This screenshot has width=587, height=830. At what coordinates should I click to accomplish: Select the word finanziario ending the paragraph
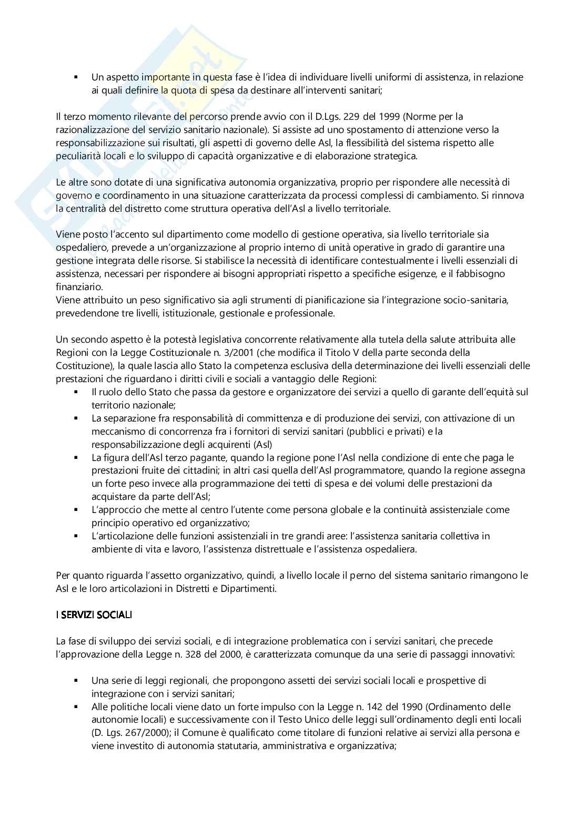point(79,287)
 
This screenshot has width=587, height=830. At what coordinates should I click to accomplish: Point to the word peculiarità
point(78,156)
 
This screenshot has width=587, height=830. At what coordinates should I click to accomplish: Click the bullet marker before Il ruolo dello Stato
point(77,392)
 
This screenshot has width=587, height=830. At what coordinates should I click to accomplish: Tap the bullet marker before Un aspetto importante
point(77,77)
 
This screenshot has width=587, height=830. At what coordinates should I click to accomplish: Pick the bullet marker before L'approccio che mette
point(77,509)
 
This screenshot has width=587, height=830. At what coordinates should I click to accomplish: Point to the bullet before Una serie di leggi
point(77,681)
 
